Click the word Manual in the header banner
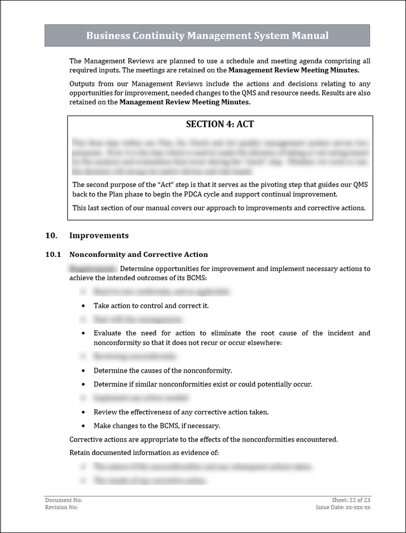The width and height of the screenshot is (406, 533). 310,36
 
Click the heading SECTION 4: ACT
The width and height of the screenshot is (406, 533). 220,124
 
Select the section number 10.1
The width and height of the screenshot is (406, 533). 53,255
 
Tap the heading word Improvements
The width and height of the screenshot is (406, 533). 99,235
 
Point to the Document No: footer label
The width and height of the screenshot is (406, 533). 64,500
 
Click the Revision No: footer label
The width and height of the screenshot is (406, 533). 61,507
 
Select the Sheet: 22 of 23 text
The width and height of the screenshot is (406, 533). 351,500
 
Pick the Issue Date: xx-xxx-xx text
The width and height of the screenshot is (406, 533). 343,507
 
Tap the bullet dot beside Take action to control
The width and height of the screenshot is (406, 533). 83,306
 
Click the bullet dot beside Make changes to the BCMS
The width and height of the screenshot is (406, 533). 83,426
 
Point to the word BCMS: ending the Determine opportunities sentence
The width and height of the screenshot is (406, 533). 173,278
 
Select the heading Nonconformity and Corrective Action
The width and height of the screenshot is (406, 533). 138,255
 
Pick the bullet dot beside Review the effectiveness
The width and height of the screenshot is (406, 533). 83,412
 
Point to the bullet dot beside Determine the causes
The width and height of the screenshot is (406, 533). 83,371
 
